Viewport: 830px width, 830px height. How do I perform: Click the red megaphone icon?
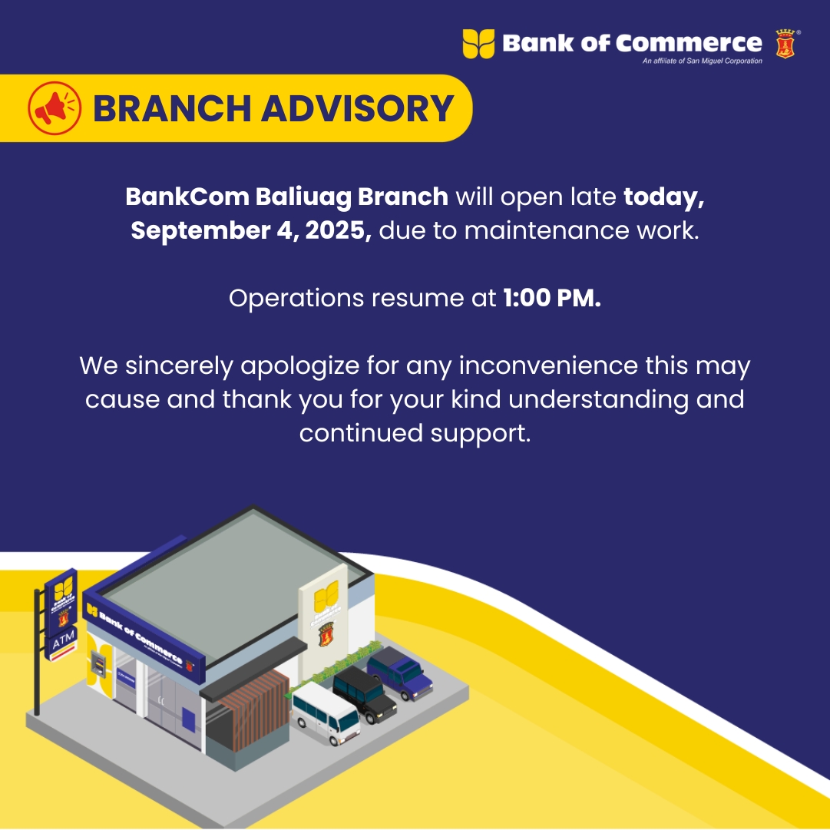point(55,108)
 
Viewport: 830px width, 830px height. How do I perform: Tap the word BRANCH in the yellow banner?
point(171,108)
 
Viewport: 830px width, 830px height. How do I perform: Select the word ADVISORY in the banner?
point(357,108)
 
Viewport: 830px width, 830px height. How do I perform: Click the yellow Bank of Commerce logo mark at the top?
point(478,44)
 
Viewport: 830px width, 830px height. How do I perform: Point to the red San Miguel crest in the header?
point(785,44)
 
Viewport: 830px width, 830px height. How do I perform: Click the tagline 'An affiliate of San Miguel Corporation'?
point(703,61)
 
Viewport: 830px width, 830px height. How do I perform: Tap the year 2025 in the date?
point(339,230)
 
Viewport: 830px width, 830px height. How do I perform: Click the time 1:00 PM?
point(551,298)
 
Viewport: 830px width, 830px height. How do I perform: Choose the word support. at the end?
point(480,434)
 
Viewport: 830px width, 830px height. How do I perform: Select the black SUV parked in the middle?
point(365,693)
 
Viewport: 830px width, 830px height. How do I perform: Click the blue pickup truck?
point(400,673)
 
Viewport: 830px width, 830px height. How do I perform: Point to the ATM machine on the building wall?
point(98,664)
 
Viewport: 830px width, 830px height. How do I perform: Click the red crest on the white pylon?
point(326,633)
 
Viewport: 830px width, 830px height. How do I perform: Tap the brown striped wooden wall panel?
point(254,709)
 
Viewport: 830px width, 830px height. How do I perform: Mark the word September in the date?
point(197,231)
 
